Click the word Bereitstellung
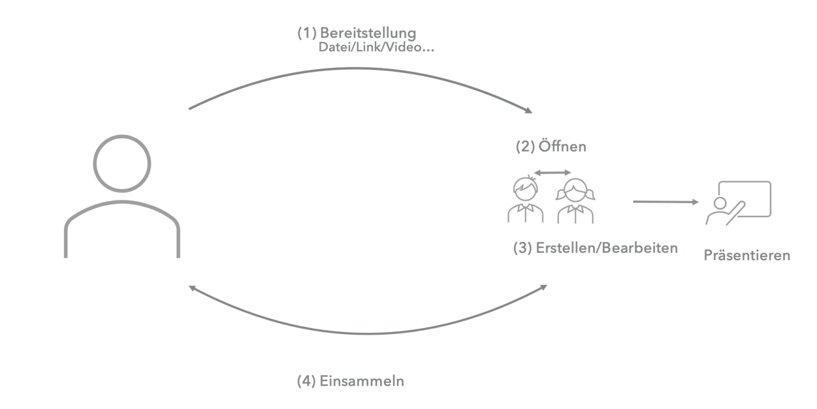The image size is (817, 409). (364, 33)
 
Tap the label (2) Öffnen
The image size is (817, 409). (550, 147)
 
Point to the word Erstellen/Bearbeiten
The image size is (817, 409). (607, 248)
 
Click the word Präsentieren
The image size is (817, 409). (747, 255)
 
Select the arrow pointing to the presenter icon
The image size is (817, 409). (665, 201)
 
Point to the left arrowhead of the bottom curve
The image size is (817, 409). (193, 288)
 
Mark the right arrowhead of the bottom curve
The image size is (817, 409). (543, 287)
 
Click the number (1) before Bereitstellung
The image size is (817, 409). (307, 33)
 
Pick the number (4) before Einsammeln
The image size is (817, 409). (306, 381)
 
